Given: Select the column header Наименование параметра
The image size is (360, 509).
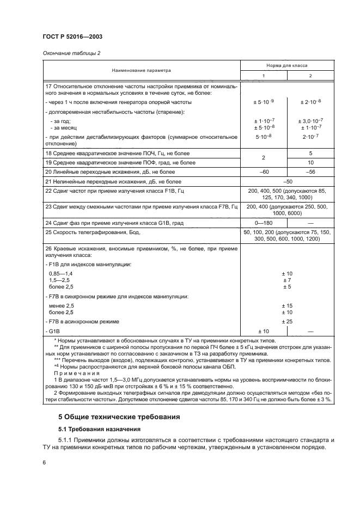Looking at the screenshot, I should pos(141,70).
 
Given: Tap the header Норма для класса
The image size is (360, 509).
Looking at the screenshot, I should pos(287,65).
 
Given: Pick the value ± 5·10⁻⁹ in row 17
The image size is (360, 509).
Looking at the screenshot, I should pos(264,101).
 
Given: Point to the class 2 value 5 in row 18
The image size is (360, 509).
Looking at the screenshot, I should pos(310,154).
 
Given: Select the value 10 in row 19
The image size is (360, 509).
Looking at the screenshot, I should pos(310,162).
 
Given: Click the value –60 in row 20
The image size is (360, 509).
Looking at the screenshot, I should pos(264,171).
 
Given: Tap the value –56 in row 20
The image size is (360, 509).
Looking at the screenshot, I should pos(310,171).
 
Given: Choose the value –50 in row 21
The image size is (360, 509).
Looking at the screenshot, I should pos(287,181).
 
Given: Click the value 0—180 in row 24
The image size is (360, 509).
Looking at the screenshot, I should pos(264,223).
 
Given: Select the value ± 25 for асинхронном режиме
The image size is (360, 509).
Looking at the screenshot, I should pos(287,322).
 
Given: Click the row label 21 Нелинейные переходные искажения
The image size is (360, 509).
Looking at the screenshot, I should pos(108,181).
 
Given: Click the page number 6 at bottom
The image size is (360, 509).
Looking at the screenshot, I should pos(44,462).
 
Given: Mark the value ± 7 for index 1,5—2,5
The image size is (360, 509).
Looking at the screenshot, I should pos(287,279).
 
